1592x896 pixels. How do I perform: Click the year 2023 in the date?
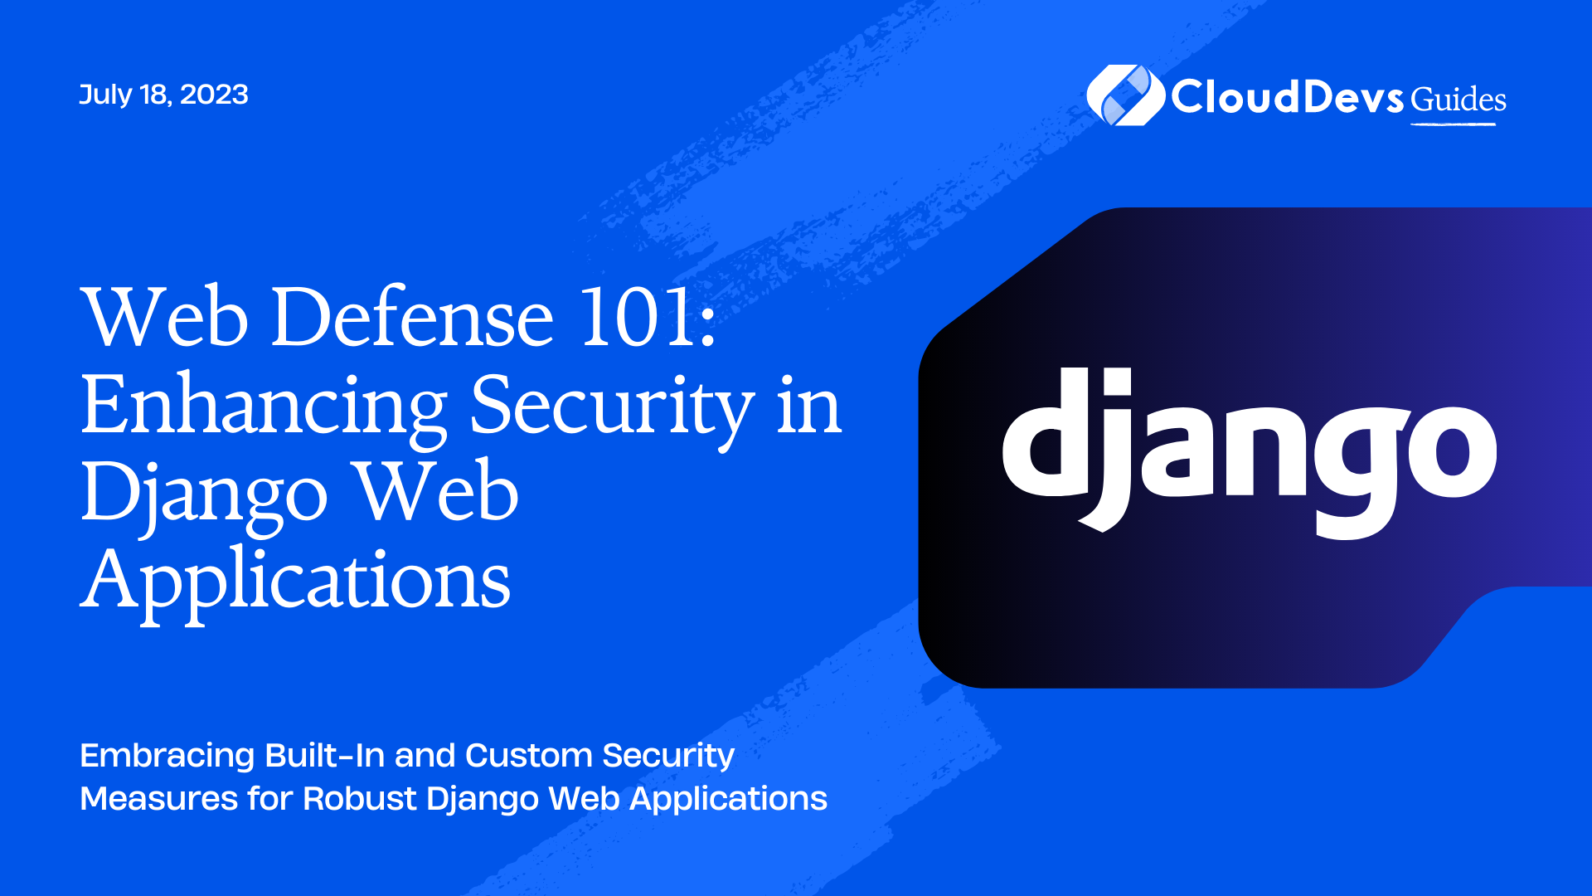click(x=214, y=95)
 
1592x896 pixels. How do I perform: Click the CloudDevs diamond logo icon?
click(x=1125, y=95)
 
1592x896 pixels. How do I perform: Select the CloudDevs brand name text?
click(x=1287, y=97)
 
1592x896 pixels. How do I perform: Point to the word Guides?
click(x=1459, y=100)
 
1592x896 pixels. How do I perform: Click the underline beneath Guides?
click(x=1454, y=124)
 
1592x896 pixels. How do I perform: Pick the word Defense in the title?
click(x=412, y=317)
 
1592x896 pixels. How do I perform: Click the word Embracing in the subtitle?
click(x=167, y=757)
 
